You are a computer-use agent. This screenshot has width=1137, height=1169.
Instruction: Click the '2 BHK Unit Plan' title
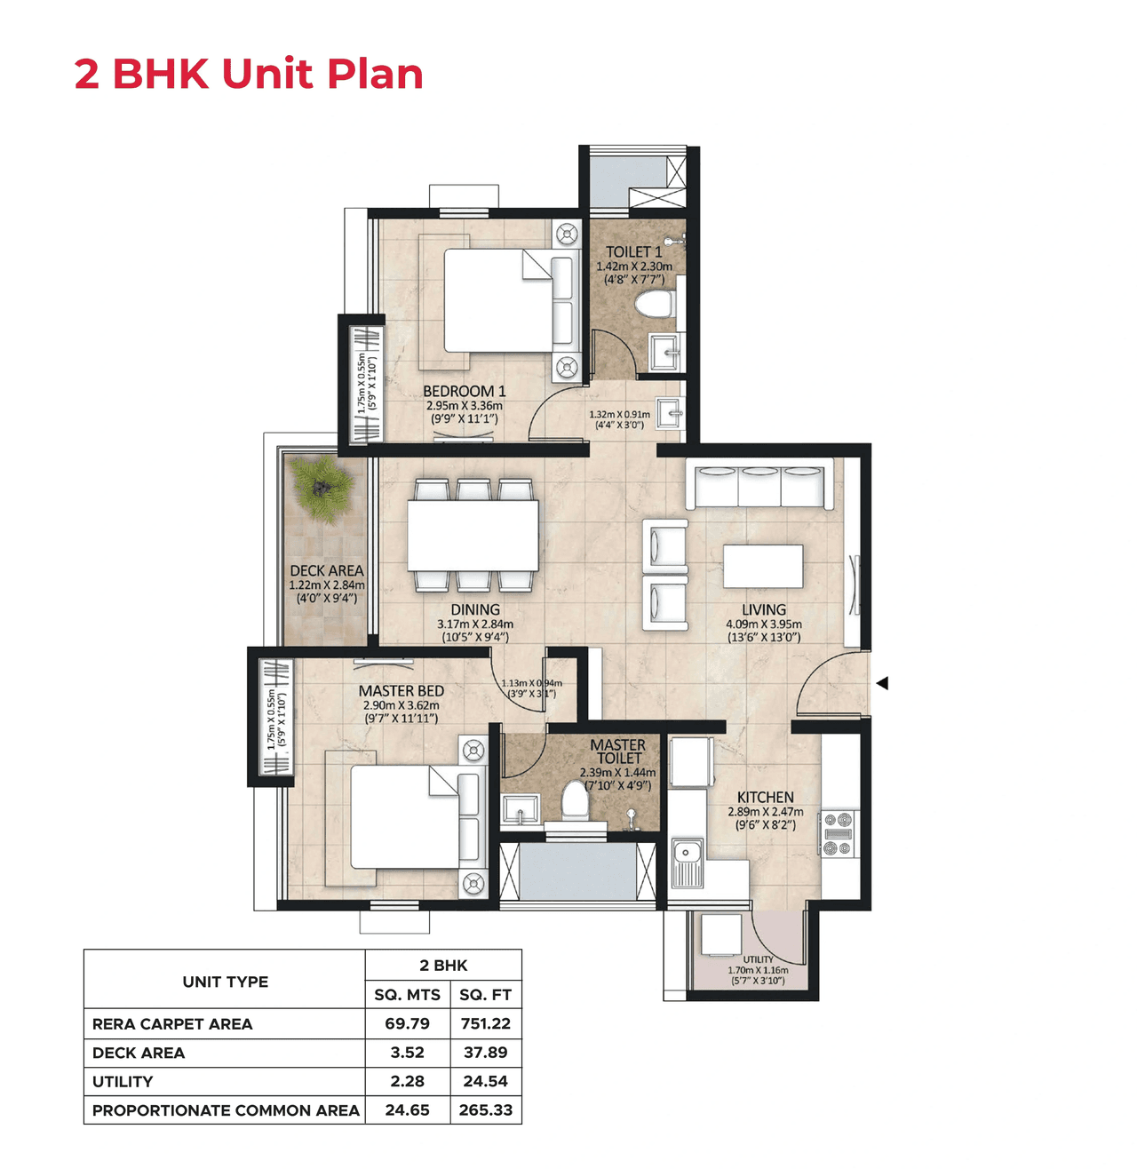tap(249, 74)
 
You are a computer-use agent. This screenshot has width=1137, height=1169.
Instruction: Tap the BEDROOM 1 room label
tap(464, 391)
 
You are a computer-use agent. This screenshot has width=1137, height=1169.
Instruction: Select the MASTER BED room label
tap(402, 690)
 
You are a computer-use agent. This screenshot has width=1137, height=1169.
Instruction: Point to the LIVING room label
tap(764, 609)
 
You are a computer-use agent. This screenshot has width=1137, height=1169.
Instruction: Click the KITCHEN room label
tap(765, 797)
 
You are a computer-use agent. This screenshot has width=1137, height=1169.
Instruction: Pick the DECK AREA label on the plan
tap(326, 570)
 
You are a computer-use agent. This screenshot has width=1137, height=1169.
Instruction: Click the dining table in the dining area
tap(473, 535)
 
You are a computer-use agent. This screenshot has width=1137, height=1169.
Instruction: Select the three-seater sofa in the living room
tap(760, 486)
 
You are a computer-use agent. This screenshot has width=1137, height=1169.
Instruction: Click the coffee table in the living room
tap(763, 567)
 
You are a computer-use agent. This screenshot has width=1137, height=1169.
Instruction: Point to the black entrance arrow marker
tap(882, 683)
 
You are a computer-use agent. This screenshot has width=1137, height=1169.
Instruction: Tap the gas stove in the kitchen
tap(838, 834)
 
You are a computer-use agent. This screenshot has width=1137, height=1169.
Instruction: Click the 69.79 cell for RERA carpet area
tap(407, 1023)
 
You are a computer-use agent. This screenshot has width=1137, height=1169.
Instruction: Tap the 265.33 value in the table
tap(485, 1109)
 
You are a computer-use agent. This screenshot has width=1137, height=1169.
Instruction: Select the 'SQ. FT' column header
tap(485, 995)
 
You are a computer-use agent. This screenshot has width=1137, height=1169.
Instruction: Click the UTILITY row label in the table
tap(123, 1081)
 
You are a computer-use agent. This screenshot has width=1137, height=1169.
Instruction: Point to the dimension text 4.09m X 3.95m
tap(764, 624)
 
